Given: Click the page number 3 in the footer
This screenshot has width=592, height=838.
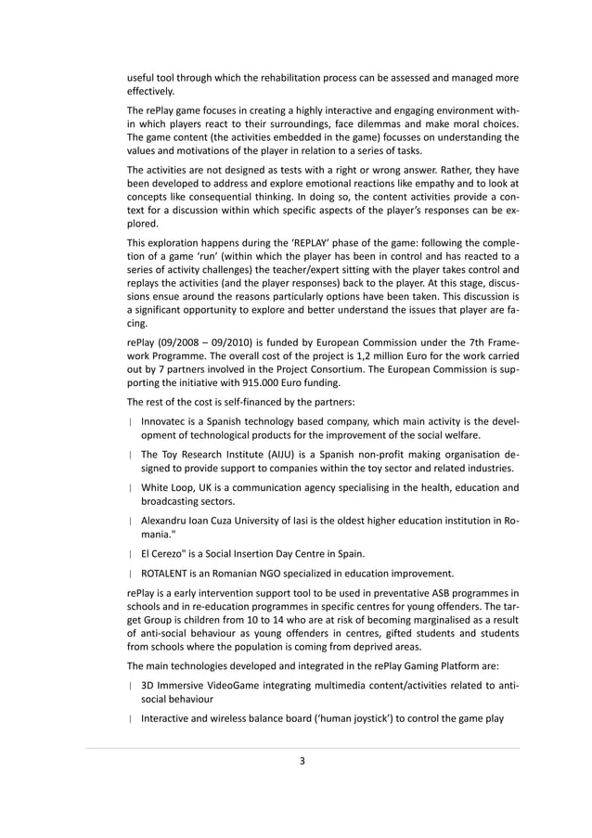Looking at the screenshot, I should pos(302,761).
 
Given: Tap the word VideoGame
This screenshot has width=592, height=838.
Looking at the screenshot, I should pos(245,686).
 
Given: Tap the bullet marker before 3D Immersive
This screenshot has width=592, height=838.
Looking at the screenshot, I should pos(130,687).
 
